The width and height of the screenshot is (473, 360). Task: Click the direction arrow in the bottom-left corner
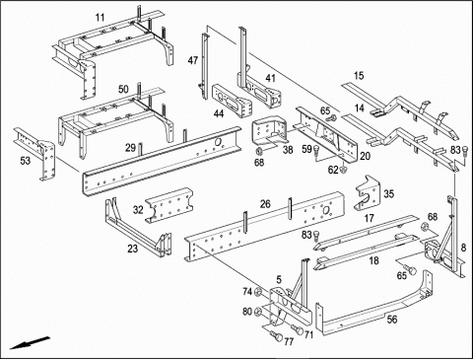30,343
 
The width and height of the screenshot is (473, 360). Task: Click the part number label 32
138,209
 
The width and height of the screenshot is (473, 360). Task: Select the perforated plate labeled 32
169,205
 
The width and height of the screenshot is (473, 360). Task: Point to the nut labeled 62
344,170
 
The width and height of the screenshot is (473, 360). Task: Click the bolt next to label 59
317,151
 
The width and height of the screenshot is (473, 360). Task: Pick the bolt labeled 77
277,335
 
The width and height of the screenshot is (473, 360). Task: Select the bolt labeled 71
298,329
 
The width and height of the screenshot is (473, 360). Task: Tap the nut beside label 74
258,292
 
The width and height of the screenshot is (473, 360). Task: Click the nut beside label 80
258,311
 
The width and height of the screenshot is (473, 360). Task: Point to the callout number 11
101,17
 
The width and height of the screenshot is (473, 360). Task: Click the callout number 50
123,89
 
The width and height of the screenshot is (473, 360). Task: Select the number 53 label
26,161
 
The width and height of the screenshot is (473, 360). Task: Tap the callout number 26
265,204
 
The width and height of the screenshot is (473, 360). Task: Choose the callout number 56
392,320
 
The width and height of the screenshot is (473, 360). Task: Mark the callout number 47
193,60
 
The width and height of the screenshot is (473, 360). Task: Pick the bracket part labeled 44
232,101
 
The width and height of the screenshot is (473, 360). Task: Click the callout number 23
133,249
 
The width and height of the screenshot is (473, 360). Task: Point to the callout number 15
359,76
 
